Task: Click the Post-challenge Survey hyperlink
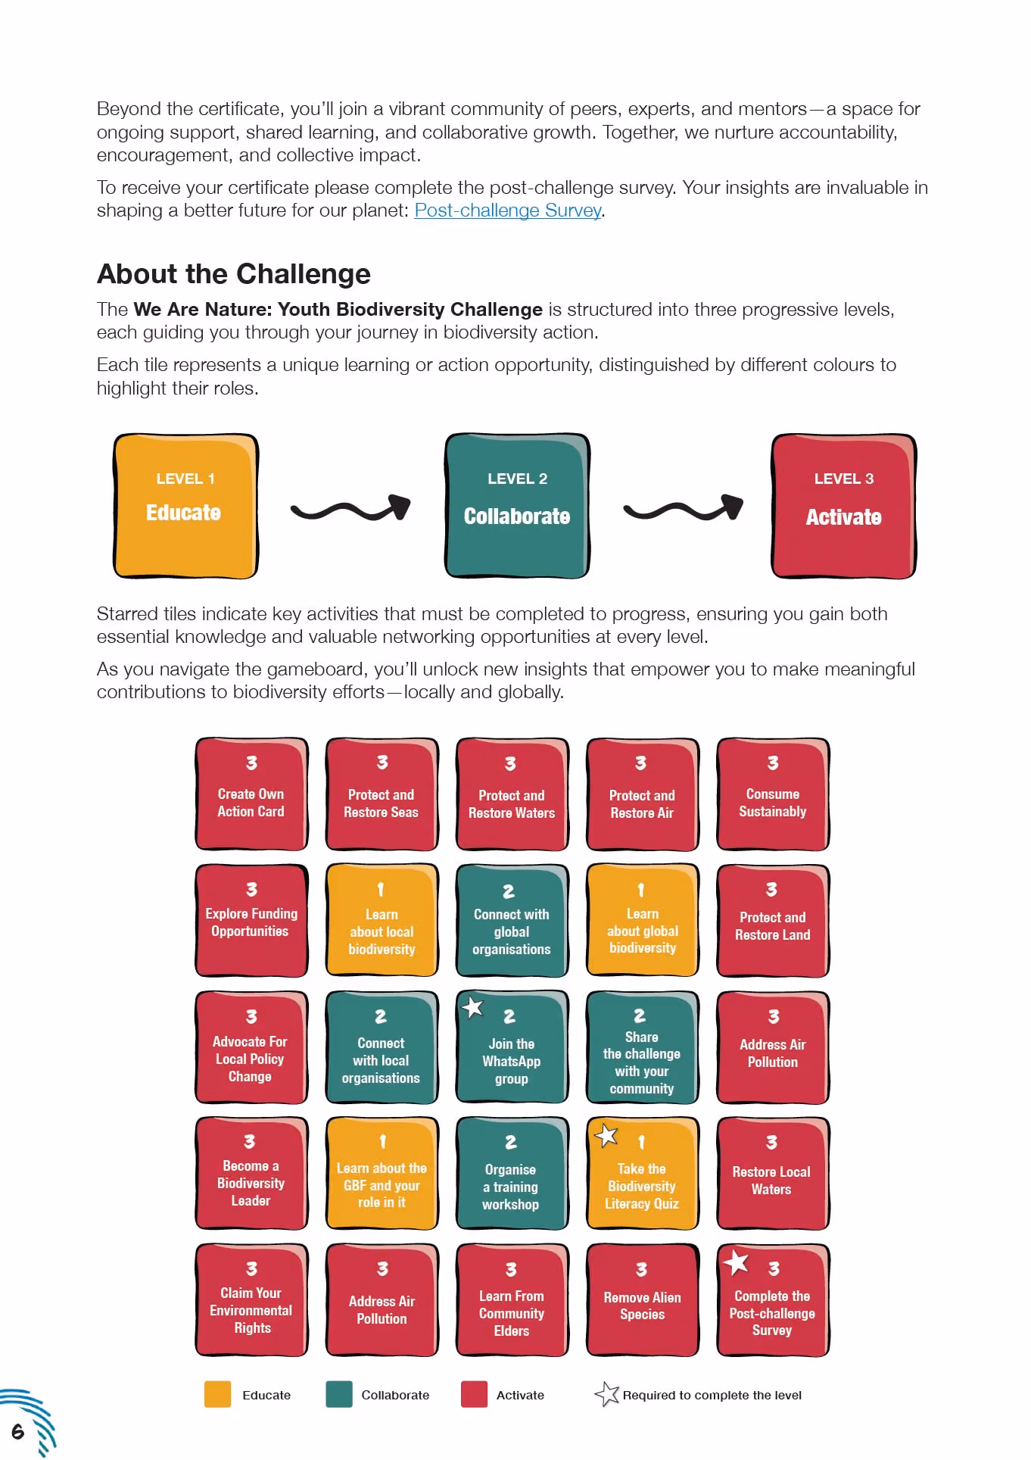(x=508, y=211)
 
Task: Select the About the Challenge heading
(x=234, y=274)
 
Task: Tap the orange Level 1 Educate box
(x=186, y=506)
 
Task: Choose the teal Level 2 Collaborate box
(x=517, y=506)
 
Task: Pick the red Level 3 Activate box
(x=844, y=506)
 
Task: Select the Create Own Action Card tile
(x=252, y=794)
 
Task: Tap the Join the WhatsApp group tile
(x=512, y=1047)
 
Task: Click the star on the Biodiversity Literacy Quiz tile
(x=606, y=1135)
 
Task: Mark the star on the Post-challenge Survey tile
(x=736, y=1262)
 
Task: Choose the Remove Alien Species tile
(x=643, y=1300)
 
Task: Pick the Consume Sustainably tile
(x=774, y=794)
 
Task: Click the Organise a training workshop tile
(x=512, y=1174)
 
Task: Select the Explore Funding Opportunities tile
(x=252, y=920)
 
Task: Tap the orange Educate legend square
(x=217, y=1394)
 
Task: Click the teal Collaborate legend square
(x=339, y=1394)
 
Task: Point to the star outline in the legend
(x=608, y=1393)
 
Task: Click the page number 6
(x=17, y=1431)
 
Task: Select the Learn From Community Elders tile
(x=512, y=1300)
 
